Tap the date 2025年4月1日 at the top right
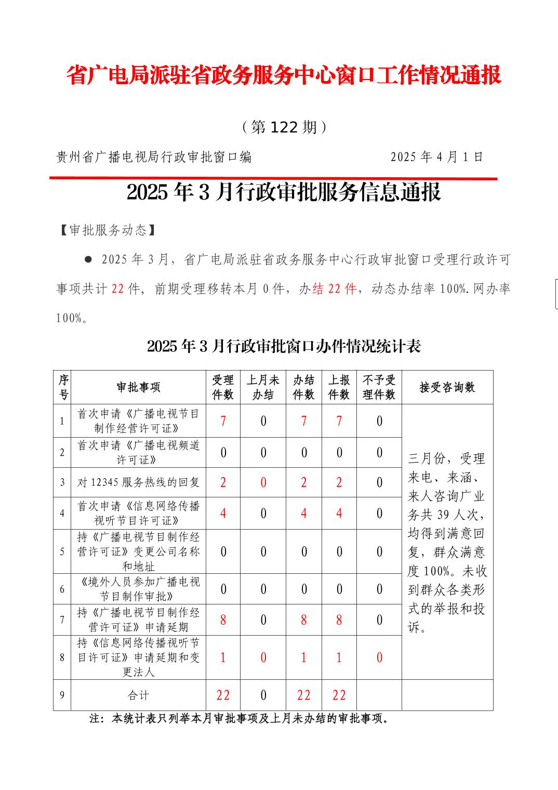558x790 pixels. tap(437, 157)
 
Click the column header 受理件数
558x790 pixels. tap(223, 387)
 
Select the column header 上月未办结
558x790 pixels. tap(263, 387)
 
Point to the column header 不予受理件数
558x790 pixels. tap(379, 387)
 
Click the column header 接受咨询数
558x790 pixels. tap(447, 387)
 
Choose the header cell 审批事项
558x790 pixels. tap(138, 387)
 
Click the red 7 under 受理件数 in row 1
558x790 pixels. tap(223, 421)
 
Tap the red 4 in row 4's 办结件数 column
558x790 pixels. tap(303, 513)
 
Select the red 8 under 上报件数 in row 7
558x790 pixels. tap(339, 620)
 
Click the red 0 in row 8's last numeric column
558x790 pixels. tap(379, 657)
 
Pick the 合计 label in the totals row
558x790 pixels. tap(138, 695)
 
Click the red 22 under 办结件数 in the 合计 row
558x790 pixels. tap(303, 695)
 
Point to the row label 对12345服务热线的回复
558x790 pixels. tap(138, 482)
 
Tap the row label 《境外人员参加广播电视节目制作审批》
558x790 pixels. tap(138, 589)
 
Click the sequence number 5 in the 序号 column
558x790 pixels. tap(62, 551)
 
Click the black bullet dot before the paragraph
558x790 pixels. tap(88, 259)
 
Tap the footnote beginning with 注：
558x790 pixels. tap(240, 719)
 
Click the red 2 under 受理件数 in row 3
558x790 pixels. tap(223, 482)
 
